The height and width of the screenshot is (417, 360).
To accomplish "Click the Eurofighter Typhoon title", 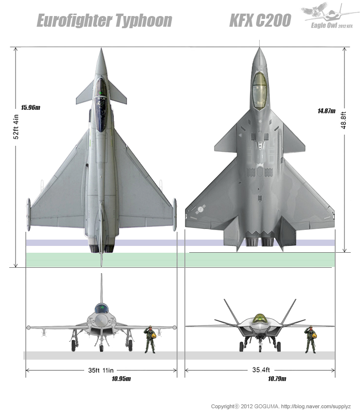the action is [x=105, y=21].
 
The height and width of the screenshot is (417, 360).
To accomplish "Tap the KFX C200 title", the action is [x=260, y=20].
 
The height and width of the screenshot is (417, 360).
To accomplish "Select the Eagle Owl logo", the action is [x=330, y=16].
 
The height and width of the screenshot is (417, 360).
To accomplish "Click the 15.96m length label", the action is [x=31, y=107].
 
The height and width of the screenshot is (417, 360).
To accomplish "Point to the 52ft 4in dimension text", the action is [x=16, y=126].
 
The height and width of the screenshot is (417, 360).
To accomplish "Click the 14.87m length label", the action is [x=326, y=111].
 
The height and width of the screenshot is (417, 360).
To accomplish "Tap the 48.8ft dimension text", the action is [x=343, y=121].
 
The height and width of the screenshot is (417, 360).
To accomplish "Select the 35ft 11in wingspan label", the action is [x=101, y=370].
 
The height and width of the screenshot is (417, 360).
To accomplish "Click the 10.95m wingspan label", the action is [x=121, y=379].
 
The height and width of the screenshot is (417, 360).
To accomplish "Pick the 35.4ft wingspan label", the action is [x=261, y=370].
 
